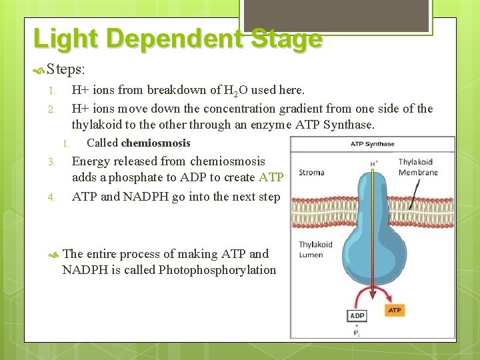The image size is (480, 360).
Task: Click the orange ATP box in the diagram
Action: [395, 310]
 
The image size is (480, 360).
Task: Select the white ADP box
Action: [357, 315]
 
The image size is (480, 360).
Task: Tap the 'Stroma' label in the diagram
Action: [311, 173]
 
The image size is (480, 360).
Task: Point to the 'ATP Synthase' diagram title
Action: [373, 144]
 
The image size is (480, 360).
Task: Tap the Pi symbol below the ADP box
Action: [357, 333]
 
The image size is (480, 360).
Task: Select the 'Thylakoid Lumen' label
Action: [311, 249]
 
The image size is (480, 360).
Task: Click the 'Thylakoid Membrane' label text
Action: [418, 167]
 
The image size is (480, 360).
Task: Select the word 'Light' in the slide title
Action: [61, 39]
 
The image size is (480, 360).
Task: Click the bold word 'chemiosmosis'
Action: [155, 143]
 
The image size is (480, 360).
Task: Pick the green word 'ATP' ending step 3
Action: [271, 177]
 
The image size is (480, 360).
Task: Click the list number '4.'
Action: [52, 197]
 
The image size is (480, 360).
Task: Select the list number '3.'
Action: [52, 162]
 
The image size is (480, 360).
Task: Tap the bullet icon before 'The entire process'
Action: [54, 254]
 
